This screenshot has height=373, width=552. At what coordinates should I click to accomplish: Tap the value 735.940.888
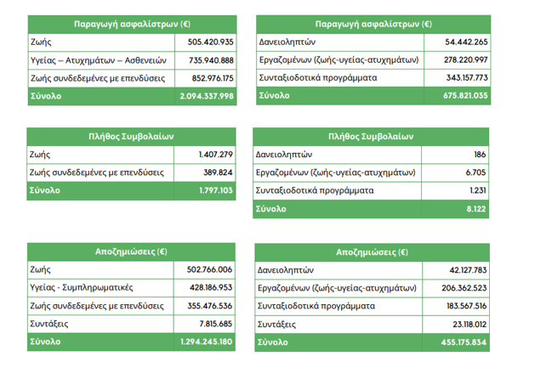[x=208, y=59]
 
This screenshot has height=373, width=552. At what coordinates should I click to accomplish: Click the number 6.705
[x=477, y=172]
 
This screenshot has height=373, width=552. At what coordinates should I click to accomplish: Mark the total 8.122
[x=477, y=209]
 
